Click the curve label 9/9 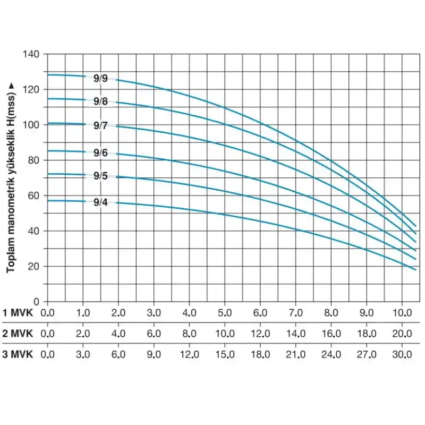(x=100, y=79)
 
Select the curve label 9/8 (x=100, y=101)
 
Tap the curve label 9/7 (x=100, y=126)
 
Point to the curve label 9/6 (x=100, y=153)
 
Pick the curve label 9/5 (x=100, y=176)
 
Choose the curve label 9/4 (x=100, y=202)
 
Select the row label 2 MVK (x=18, y=333)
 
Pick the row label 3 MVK (x=18, y=354)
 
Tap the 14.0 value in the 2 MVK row (x=295, y=333)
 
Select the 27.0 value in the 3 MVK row (x=367, y=354)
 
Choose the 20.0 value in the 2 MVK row (x=402, y=333)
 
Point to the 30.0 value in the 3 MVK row (x=402, y=354)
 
